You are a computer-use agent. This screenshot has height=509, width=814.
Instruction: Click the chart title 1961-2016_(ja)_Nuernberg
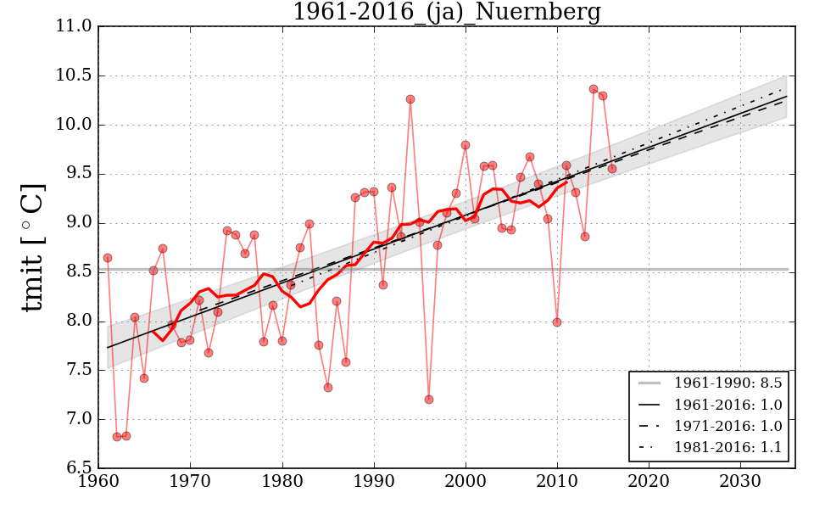(x=447, y=12)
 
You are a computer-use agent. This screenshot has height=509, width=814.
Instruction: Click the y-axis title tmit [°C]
(x=34, y=247)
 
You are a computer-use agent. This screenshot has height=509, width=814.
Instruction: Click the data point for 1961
(x=108, y=258)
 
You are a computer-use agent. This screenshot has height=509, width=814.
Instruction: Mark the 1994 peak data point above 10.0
(x=410, y=99)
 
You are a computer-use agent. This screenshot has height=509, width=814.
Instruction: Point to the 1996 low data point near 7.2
(x=429, y=400)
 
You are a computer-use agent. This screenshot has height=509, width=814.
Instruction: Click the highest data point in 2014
(x=594, y=89)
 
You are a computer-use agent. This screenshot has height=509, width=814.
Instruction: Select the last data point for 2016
(x=612, y=169)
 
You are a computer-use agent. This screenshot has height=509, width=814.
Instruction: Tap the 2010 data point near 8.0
(x=557, y=322)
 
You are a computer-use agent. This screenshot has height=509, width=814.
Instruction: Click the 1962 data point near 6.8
(x=117, y=437)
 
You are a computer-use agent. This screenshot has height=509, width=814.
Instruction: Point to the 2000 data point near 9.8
(x=466, y=145)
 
